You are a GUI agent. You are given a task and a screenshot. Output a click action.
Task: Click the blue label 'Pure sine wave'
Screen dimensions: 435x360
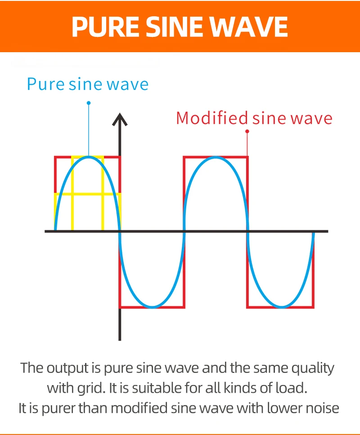point(88,84)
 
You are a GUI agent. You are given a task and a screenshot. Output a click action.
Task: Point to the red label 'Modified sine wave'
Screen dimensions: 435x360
point(254,118)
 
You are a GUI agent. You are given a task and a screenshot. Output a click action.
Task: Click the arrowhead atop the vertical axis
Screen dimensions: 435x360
point(120,119)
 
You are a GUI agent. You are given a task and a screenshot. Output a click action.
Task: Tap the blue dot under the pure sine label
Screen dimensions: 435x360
point(89,103)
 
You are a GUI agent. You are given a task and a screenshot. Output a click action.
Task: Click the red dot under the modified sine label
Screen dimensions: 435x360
point(247,131)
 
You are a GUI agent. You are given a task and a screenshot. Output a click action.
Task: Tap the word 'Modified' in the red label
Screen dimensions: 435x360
point(212,118)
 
